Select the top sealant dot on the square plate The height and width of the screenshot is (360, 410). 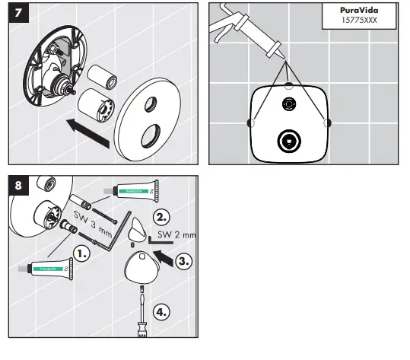click(x=288, y=84)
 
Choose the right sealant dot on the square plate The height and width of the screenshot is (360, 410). click(x=328, y=123)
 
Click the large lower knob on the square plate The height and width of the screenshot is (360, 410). click(x=288, y=140)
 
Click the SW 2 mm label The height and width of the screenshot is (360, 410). click(x=176, y=235)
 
